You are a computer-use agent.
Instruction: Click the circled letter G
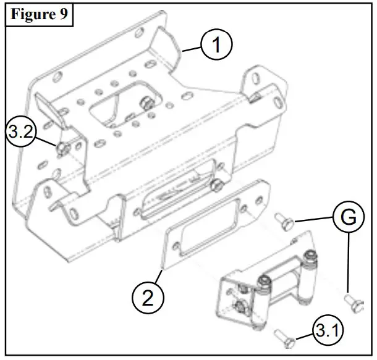pos(349,217)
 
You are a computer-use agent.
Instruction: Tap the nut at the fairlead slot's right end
pos(218,184)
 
